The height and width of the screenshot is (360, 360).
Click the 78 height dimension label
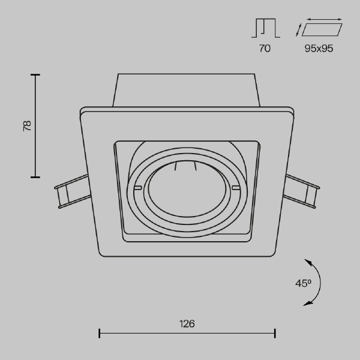pos(27,126)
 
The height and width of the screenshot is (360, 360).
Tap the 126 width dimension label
pos(187,324)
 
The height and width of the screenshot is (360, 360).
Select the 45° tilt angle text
pos(303,283)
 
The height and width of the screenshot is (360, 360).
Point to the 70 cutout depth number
pos(265,49)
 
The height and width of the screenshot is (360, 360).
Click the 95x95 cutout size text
pos(319,49)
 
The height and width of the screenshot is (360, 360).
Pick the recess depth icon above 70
pos(266,28)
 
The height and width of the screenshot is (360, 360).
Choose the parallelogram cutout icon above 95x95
pos(322,29)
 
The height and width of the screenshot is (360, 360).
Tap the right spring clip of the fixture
pos(301,191)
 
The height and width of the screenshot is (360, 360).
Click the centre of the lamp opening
pos(187,189)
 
